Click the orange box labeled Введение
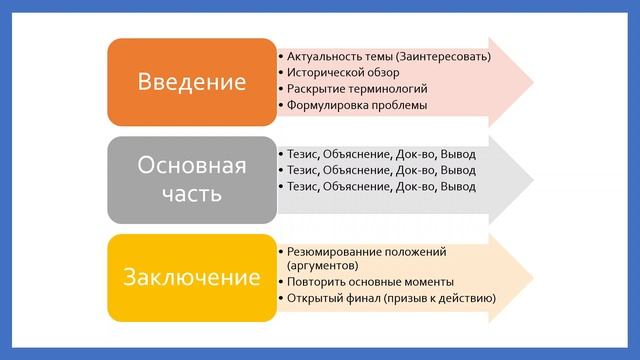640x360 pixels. pyautogui.click(x=191, y=82)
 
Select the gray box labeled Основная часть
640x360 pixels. pyautogui.click(x=191, y=179)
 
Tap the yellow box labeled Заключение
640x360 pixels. pyautogui.click(x=191, y=277)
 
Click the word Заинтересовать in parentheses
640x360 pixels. pyautogui.click(x=446, y=56)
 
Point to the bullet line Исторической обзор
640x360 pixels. pyautogui.click(x=342, y=72)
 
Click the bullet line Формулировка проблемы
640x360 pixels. pyautogui.click(x=357, y=104)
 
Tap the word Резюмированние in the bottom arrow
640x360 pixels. pyautogui.click(x=332, y=251)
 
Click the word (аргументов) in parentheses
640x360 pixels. pyautogui.click(x=321, y=266)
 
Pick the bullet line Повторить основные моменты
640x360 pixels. pyautogui.click(x=370, y=282)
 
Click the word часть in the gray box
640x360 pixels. pyautogui.click(x=191, y=194)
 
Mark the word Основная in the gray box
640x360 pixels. pyautogui.click(x=191, y=164)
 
